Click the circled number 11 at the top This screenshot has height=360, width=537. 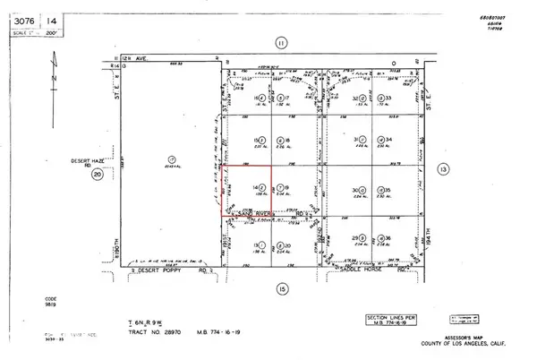click(280, 42)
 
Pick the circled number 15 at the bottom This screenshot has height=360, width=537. click(280, 288)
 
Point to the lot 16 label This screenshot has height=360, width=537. click(258, 98)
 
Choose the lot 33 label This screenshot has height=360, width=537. click(390, 99)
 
